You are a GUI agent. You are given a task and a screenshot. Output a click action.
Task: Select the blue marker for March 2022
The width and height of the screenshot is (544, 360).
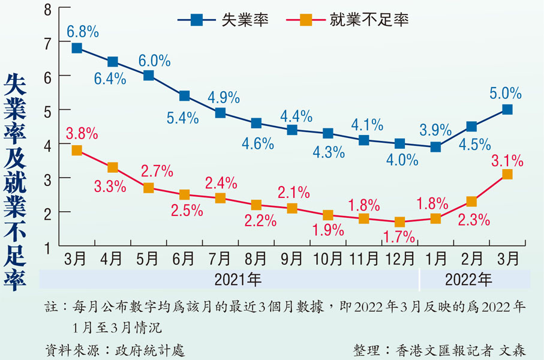(x=507, y=109)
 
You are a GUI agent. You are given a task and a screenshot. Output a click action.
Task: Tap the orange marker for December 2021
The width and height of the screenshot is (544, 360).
(x=400, y=222)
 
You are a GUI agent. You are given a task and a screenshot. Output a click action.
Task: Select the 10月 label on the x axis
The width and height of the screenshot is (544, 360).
(x=328, y=259)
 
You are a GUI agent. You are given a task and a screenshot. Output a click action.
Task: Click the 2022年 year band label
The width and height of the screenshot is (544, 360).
(x=470, y=280)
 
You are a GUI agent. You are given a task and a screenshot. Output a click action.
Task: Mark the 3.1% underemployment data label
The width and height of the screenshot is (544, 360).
(x=507, y=160)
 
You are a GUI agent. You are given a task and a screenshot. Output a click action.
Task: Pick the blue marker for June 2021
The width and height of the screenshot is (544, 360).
(x=184, y=96)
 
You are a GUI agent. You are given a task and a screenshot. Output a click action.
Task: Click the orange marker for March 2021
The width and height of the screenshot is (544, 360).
(x=77, y=151)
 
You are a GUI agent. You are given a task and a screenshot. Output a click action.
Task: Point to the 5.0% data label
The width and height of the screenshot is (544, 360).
(x=506, y=94)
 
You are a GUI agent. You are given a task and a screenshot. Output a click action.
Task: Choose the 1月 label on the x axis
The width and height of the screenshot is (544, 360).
(x=435, y=259)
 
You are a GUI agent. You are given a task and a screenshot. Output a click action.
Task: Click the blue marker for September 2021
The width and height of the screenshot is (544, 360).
(x=292, y=130)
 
